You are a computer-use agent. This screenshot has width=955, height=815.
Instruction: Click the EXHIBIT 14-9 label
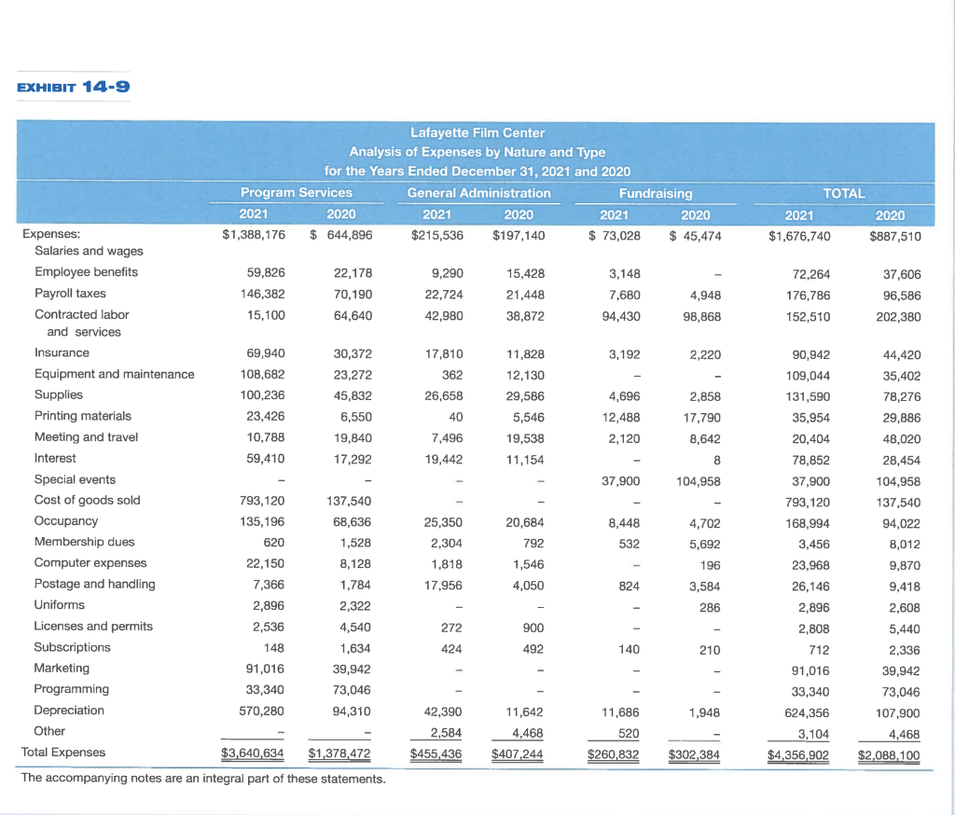tap(73, 88)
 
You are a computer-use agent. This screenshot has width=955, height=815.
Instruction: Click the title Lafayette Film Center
tap(477, 132)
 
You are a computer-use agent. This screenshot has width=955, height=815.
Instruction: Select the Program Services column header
tap(297, 193)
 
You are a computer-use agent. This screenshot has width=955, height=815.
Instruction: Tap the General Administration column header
tap(478, 193)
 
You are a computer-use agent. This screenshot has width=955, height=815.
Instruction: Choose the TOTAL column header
tap(844, 193)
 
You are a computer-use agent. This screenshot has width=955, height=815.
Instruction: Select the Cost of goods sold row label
tap(87, 500)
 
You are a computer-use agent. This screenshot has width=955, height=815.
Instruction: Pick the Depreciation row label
tap(69, 710)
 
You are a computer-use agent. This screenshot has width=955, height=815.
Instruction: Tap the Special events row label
tap(75, 479)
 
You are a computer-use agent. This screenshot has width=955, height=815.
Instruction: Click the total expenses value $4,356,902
tap(798, 753)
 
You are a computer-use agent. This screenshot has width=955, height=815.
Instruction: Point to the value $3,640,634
tap(253, 753)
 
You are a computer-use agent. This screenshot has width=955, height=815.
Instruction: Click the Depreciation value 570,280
tap(263, 711)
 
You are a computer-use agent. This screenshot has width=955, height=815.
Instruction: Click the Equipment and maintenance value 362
tap(454, 375)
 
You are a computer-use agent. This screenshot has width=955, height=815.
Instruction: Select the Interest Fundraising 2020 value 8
tap(715, 459)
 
